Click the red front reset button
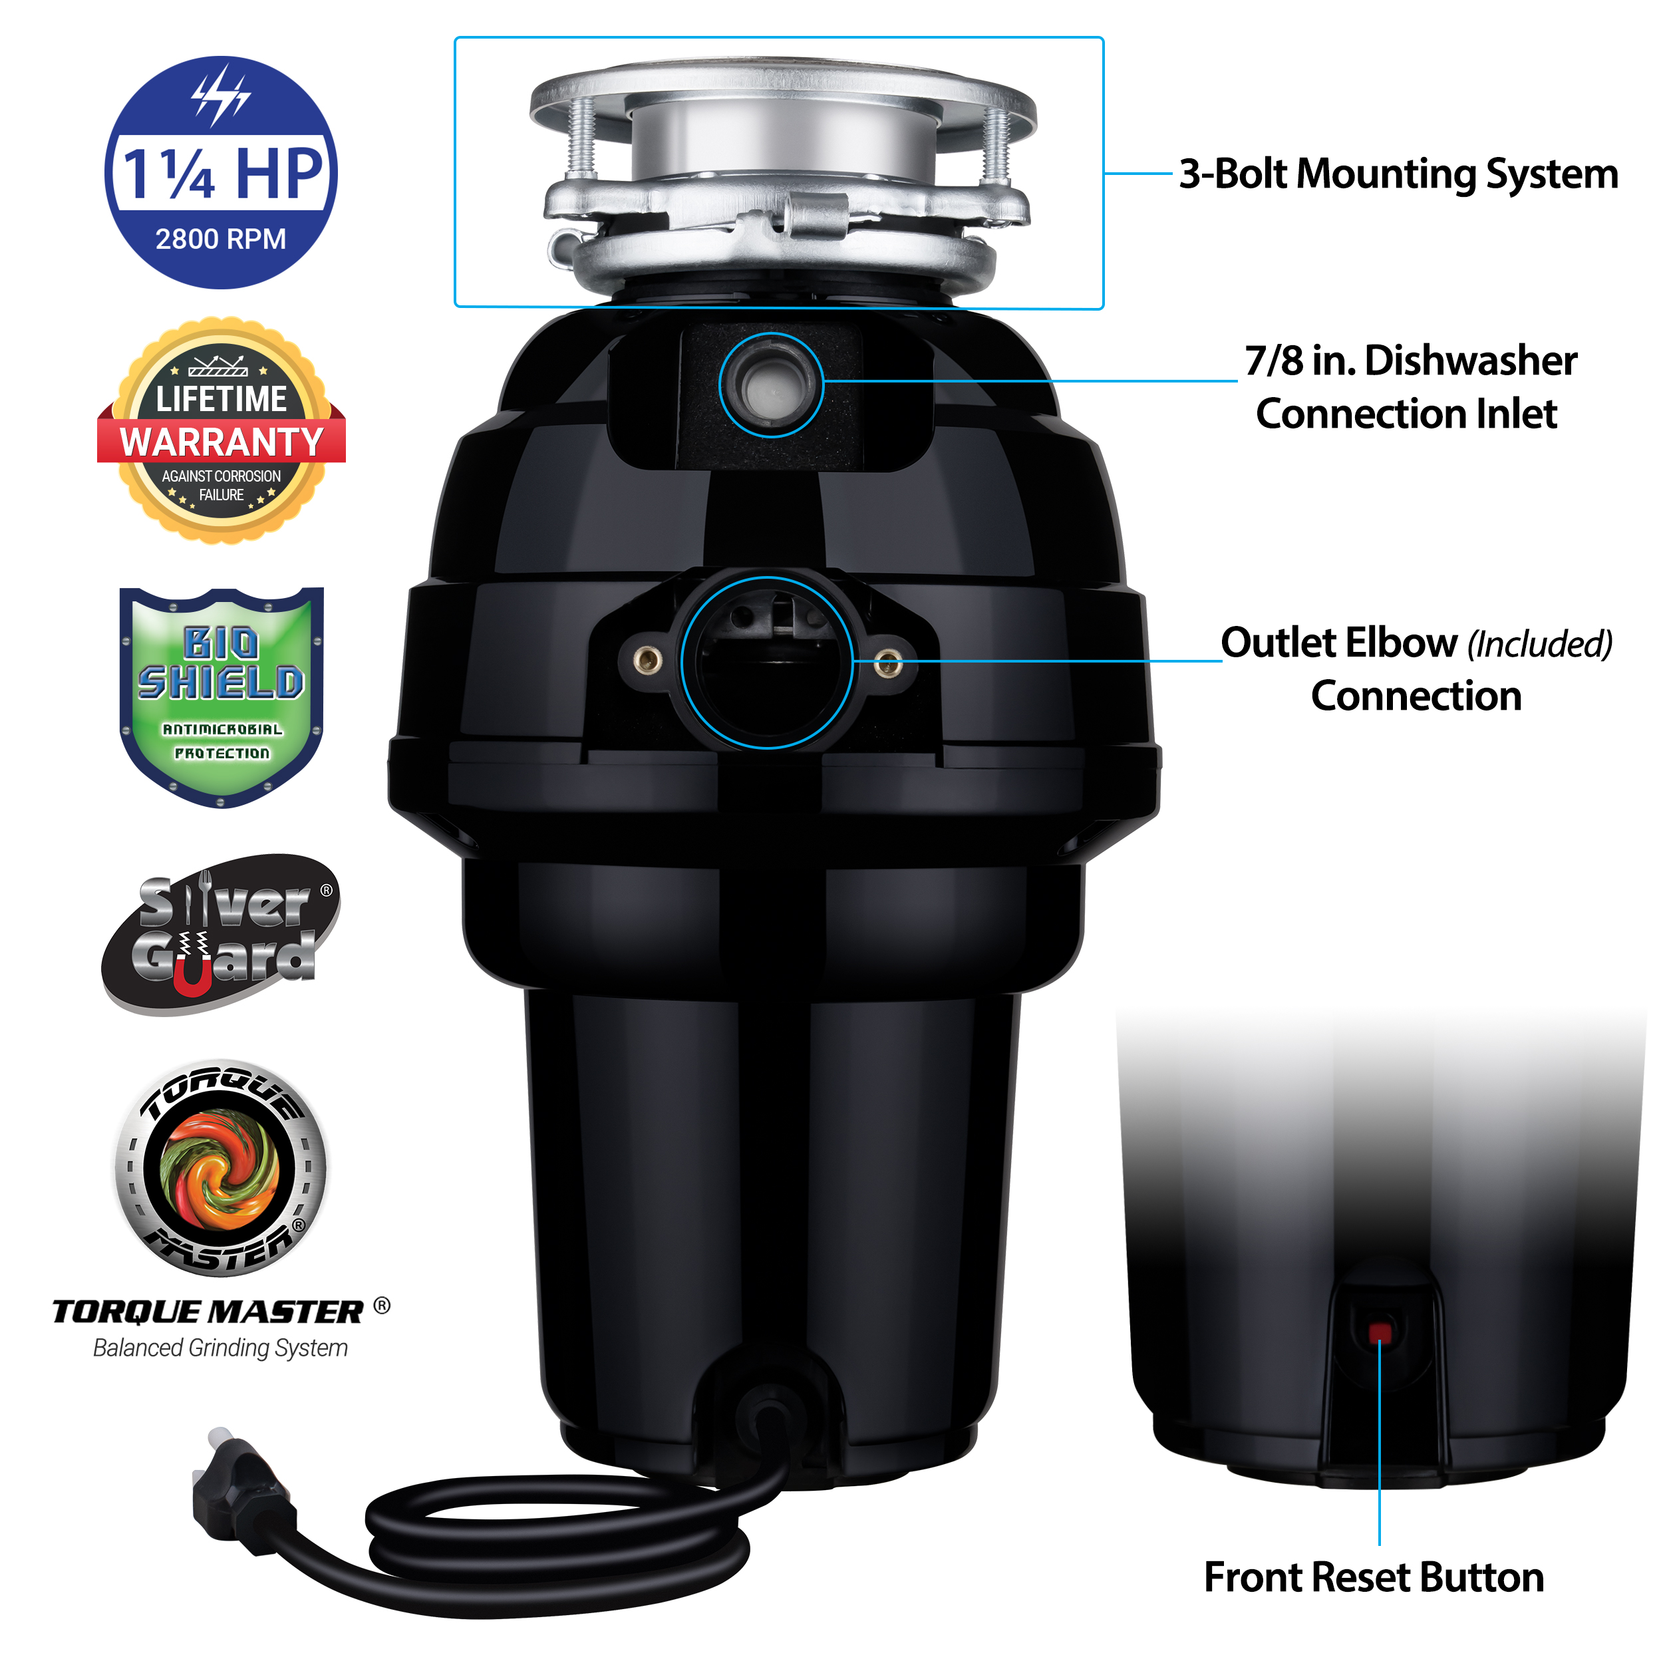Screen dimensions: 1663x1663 1379,1332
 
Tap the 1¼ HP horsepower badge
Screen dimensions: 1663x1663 222,172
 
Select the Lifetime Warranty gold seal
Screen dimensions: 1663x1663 222,430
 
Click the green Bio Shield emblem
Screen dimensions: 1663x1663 222,697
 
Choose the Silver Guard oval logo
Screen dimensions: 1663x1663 222,934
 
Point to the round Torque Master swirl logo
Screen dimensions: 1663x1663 222,1168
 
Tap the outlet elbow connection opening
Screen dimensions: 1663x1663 767,662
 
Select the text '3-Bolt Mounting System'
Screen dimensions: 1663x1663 1398,174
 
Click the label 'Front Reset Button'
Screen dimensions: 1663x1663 1374,1577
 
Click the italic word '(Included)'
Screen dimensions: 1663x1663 1539,644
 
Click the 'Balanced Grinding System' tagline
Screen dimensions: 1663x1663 220,1347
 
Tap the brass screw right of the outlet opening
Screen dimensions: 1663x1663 887,664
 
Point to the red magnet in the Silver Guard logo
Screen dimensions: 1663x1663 192,969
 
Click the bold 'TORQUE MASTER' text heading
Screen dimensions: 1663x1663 208,1312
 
